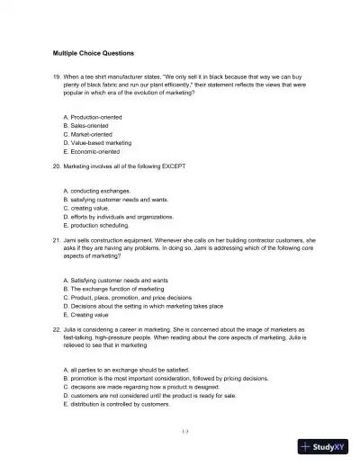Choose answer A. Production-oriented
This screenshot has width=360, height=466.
[x=94, y=117]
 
